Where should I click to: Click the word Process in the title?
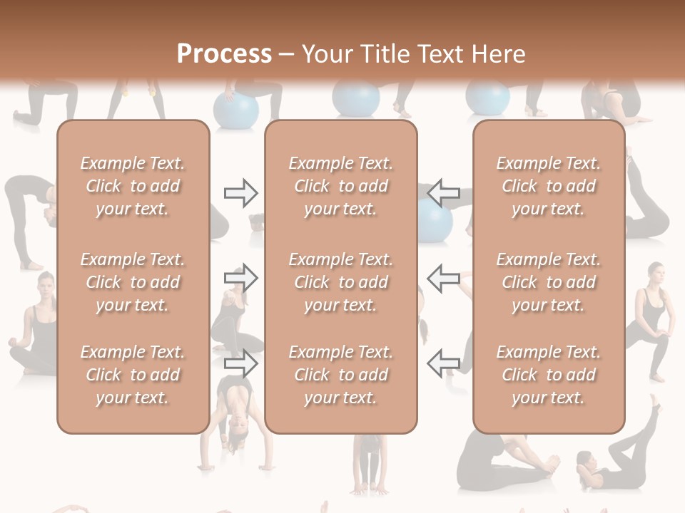coord(224,54)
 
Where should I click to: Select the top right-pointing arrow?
coord(240,193)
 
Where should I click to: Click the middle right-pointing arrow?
coord(240,278)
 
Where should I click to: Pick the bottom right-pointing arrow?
coord(240,364)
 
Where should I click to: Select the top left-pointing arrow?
coord(443,193)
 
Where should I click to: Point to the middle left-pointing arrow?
coord(443,278)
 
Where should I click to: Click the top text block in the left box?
coord(133,186)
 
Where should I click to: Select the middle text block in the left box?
coord(133,282)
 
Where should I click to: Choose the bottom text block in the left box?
coord(133,375)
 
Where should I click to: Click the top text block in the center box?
coord(341,186)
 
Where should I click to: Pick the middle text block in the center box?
coord(341,282)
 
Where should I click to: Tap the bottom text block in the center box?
coord(341,375)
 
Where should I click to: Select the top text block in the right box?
coord(549,186)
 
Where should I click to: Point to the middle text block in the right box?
coord(549,282)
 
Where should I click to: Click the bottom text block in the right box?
coord(549,375)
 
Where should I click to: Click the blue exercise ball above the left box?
coord(236,110)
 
